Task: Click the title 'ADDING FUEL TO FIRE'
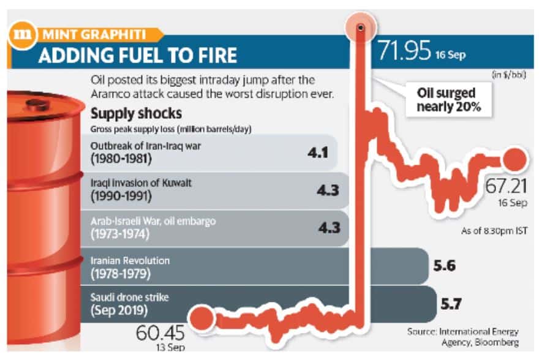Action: coord(137,56)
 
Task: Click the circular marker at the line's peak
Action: coord(361,28)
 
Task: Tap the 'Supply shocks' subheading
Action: coord(135,114)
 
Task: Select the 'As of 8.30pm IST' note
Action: coord(494,231)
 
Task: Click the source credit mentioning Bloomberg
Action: coord(466,337)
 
